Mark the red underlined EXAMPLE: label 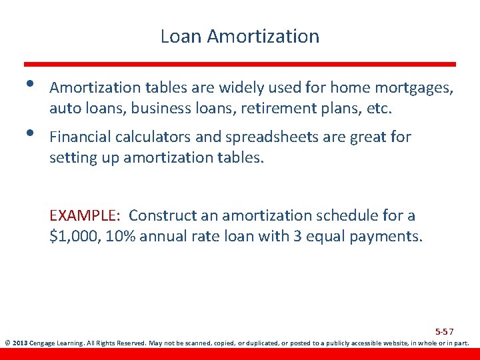[84, 216]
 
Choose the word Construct [163, 216]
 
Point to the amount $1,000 [73, 236]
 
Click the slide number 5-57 [444, 331]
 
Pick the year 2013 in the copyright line [20, 344]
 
